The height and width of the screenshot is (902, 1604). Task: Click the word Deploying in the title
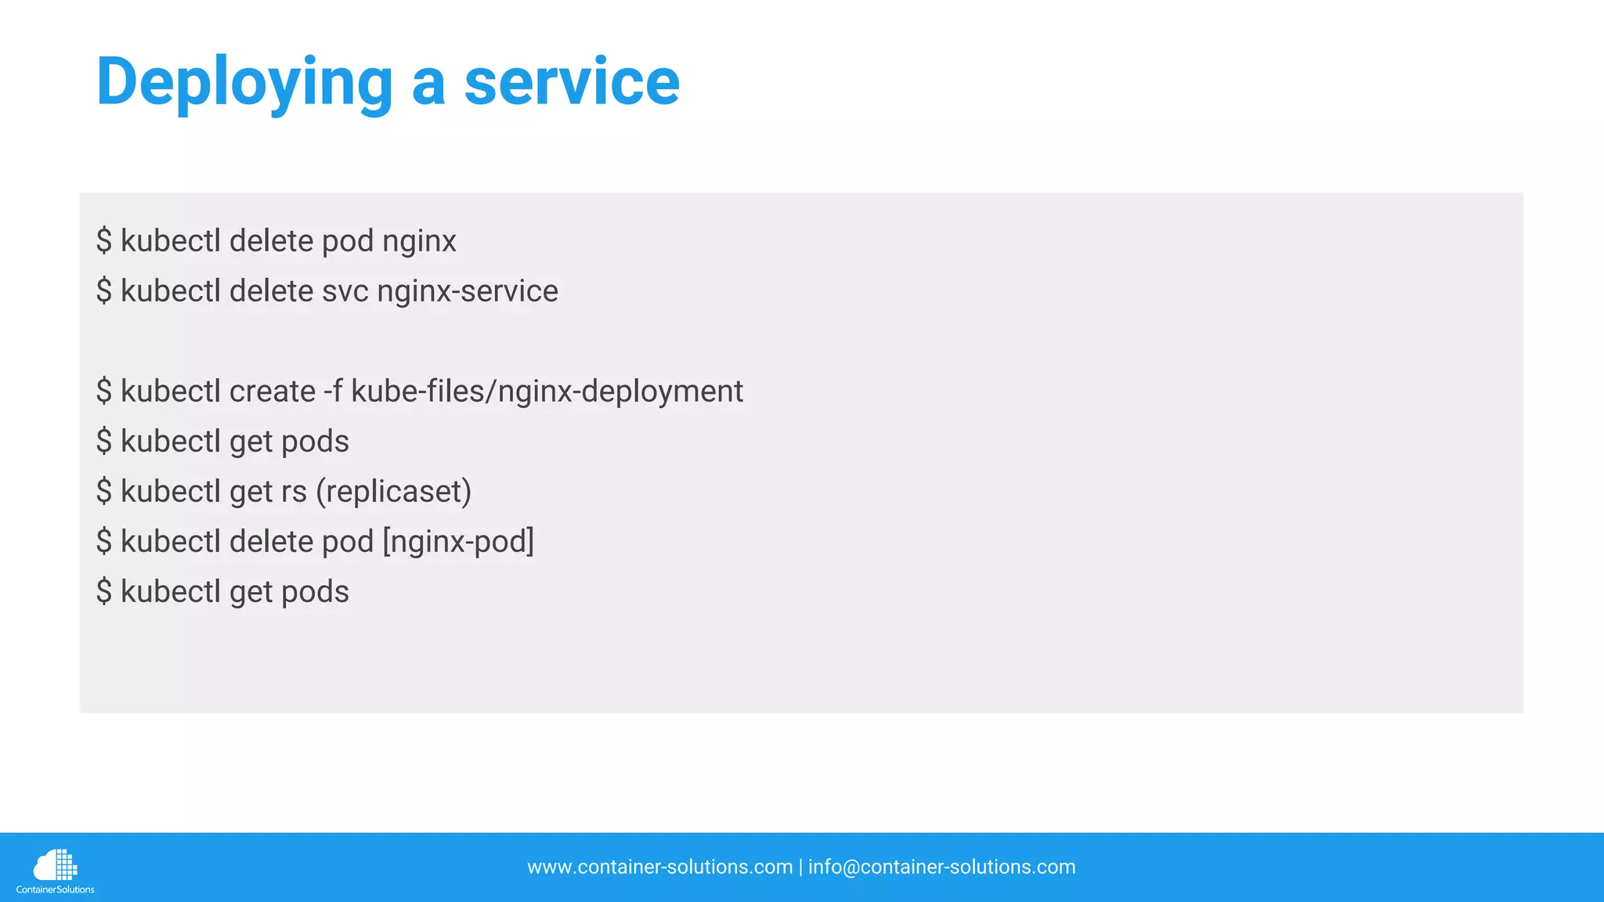tap(244, 83)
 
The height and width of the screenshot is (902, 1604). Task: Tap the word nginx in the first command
tap(419, 241)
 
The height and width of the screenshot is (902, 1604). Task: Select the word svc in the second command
tap(345, 291)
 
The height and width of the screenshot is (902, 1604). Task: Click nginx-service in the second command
tap(468, 291)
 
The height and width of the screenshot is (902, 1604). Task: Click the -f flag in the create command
tap(333, 391)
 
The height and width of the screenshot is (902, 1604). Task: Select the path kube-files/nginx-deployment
tap(547, 391)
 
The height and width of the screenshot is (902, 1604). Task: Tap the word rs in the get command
tap(294, 492)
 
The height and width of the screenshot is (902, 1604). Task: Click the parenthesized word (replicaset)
tap(393, 492)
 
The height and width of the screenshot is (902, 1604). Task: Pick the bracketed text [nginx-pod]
tap(458, 542)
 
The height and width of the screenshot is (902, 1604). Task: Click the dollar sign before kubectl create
tap(104, 391)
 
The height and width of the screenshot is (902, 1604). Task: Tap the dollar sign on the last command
tap(104, 592)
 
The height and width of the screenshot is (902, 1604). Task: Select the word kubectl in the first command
tap(170, 241)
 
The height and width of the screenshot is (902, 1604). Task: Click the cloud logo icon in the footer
tap(55, 865)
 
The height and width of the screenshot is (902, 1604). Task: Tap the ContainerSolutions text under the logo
tap(55, 889)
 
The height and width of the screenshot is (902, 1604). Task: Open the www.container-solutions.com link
tap(659, 868)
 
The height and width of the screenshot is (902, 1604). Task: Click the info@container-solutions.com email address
tap(941, 868)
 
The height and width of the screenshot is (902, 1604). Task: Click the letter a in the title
tap(428, 83)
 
